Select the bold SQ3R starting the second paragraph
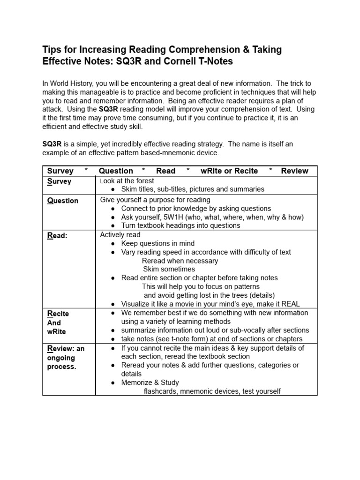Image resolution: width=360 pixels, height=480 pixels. pos(52,144)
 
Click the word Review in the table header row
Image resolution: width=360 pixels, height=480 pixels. pos(294,171)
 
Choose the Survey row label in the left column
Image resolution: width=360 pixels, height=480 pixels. pos(59,181)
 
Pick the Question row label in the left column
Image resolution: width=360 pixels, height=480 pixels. pos(62,201)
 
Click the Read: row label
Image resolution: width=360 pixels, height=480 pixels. pos(57,236)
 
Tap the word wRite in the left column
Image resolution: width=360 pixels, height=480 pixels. pos(57,331)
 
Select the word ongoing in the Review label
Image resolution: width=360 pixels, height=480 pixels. pos(61,358)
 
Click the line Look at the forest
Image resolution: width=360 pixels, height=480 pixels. pos(127,181)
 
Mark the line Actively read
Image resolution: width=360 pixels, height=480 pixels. pos(120,234)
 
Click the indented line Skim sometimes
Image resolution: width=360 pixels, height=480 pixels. pos(169,269)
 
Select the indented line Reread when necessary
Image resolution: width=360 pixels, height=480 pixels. pos(180,261)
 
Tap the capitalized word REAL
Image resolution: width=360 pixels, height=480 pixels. pos(290,304)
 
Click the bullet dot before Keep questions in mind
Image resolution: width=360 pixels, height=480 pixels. pos(113,244)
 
